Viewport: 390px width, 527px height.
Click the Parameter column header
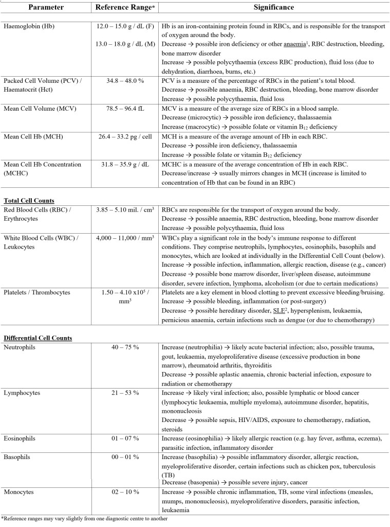[x=46, y=9]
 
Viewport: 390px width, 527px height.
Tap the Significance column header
[x=273, y=9]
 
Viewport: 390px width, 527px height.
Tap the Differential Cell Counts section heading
[x=38, y=338]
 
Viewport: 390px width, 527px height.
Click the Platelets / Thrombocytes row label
[x=39, y=292]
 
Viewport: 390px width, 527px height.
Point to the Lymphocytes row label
[x=24, y=393]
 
